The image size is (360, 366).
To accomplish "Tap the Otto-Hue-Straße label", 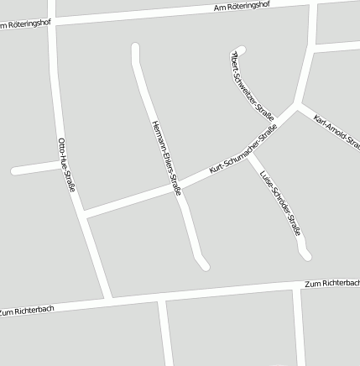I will (x=66, y=165).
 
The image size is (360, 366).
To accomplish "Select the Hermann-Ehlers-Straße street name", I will (x=166, y=158).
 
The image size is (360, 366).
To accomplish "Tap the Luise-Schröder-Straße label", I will (x=280, y=204).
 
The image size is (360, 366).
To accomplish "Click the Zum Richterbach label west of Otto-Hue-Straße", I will (x=27, y=311).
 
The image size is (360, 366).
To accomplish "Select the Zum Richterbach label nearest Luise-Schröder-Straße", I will (x=333, y=284).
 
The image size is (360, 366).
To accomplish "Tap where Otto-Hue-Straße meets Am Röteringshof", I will (x=52, y=22).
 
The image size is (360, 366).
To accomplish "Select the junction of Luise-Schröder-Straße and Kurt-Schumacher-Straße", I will (x=248, y=152).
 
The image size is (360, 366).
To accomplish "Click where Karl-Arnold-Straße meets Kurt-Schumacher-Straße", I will (x=300, y=107).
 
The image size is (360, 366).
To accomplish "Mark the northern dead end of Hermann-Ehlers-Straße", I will (x=135, y=47).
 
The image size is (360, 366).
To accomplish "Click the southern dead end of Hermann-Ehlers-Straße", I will (x=204, y=266).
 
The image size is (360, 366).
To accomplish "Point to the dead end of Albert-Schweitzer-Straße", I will (x=242, y=50).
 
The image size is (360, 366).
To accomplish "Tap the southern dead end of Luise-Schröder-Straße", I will (x=306, y=255).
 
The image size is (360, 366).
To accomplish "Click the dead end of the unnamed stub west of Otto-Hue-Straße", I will (x=14, y=171).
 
